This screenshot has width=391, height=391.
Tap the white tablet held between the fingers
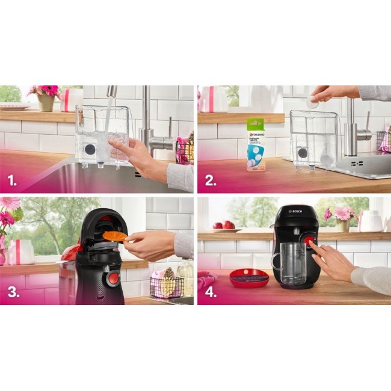[x=312, y=103]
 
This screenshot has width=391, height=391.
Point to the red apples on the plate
[x=223, y=225]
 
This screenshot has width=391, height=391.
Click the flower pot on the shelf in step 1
[x=46, y=102]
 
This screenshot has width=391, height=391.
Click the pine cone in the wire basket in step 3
[x=168, y=275]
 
